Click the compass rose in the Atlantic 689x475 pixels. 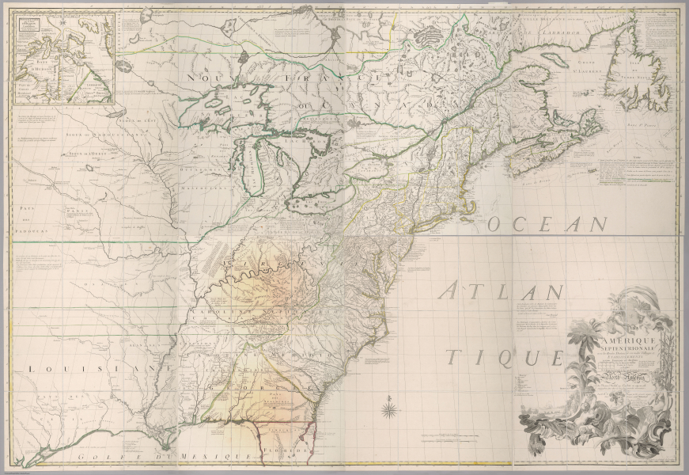coord(389,409)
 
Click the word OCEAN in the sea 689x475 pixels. coord(546,225)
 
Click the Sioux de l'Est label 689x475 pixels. coord(134,120)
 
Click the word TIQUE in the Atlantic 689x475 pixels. coord(483,357)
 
